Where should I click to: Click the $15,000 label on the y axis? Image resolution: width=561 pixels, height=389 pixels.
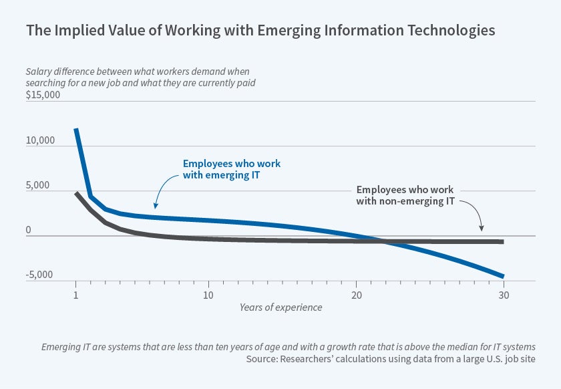point(43,95)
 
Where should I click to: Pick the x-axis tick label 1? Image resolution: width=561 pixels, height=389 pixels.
point(75,295)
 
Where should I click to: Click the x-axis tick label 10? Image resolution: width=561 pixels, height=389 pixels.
point(208,295)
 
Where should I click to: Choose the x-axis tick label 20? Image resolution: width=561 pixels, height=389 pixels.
point(356,295)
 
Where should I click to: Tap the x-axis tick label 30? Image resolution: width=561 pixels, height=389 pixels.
point(504,295)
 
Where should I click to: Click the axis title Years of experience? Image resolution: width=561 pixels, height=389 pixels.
point(280,307)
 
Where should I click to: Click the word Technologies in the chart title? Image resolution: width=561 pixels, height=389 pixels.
point(455,30)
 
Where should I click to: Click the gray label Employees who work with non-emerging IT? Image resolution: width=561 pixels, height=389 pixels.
point(405,195)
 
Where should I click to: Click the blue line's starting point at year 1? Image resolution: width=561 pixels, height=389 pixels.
point(76,129)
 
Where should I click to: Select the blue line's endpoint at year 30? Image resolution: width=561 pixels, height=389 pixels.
point(502,276)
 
